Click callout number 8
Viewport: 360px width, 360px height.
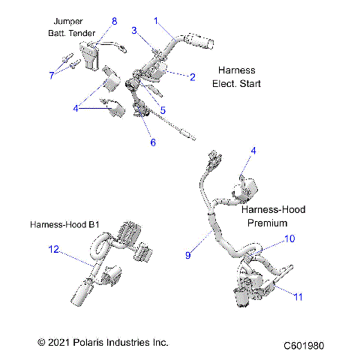point(115,21)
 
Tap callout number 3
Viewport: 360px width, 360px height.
point(134,31)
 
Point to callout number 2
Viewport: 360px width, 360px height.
point(192,76)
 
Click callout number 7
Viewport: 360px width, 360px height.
point(52,75)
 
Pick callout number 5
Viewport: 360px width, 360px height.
point(163,110)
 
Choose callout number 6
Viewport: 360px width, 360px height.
point(154,142)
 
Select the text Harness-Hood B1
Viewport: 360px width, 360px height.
point(65,224)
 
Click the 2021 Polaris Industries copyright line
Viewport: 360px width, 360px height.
point(103,342)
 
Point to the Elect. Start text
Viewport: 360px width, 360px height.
point(237,83)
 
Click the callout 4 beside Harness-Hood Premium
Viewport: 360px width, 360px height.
point(253,151)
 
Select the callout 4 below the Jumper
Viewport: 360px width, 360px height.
point(75,109)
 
